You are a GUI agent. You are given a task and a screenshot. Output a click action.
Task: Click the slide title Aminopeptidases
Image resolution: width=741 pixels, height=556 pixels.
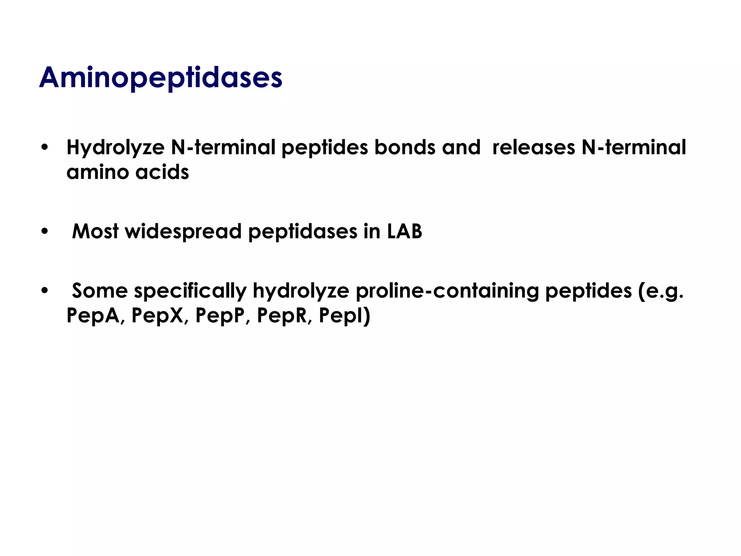161,78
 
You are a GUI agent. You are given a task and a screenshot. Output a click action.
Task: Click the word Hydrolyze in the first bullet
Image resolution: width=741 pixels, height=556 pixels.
115,148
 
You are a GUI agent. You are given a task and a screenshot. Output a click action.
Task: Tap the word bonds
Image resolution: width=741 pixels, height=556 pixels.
405,147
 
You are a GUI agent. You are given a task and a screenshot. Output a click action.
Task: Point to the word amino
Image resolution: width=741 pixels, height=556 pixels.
97,172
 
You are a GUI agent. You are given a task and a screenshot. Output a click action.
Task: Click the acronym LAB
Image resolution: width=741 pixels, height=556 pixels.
405,231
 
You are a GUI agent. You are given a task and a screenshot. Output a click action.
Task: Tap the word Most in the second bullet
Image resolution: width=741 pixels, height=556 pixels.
95,231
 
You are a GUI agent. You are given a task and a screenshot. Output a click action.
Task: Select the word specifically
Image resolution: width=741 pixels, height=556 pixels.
190,291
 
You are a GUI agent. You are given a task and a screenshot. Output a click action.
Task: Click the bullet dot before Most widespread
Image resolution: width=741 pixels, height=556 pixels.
45,231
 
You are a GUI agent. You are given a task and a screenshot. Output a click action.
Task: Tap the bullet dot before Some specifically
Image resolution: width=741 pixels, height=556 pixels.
45,290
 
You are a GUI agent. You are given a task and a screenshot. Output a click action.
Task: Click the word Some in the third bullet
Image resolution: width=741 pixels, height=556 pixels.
100,291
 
